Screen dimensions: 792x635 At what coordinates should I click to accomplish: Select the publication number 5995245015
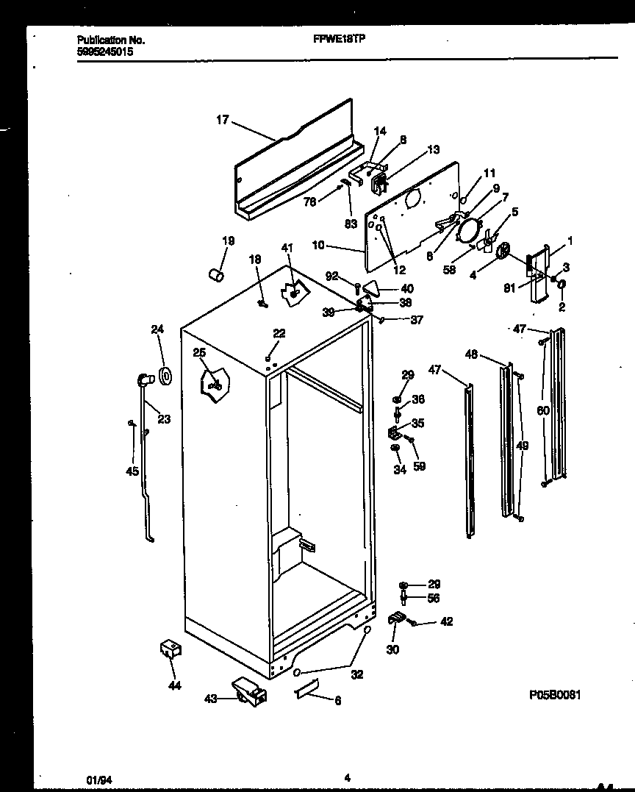click(x=106, y=53)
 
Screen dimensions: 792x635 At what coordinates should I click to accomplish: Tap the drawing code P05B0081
click(x=555, y=694)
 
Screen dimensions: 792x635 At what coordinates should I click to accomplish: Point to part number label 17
click(x=223, y=120)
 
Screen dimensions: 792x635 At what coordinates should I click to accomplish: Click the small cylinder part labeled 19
click(x=215, y=274)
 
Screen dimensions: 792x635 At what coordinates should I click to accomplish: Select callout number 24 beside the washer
click(x=157, y=329)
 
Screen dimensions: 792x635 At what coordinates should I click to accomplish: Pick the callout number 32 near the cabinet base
click(x=356, y=674)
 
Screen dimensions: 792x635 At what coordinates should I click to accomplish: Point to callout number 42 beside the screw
click(x=446, y=622)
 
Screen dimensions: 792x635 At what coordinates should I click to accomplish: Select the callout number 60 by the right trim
click(x=543, y=410)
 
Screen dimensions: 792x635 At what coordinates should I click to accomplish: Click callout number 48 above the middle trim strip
click(x=472, y=354)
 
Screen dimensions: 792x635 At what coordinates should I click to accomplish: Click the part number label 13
click(x=434, y=150)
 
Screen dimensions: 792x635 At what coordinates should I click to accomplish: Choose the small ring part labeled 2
click(x=562, y=285)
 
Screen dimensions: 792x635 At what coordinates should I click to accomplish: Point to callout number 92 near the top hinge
click(x=332, y=277)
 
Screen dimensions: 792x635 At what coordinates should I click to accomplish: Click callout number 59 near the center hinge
click(x=420, y=465)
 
